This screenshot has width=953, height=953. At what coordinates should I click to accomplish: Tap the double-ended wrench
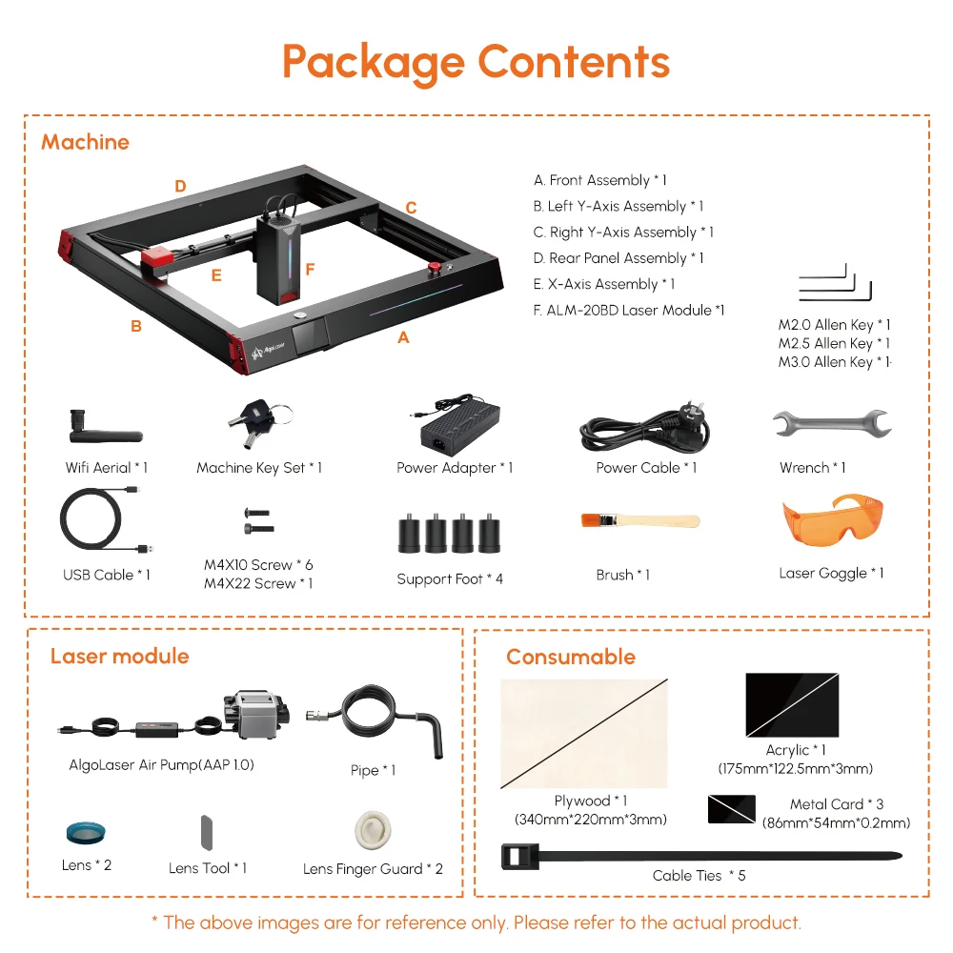click(x=831, y=423)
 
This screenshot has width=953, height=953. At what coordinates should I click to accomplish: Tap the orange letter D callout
click(x=180, y=187)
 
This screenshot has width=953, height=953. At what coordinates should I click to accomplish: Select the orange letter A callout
click(x=403, y=337)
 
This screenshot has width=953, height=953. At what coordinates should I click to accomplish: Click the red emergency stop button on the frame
click(x=436, y=269)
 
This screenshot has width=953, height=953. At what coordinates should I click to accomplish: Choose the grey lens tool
click(x=207, y=831)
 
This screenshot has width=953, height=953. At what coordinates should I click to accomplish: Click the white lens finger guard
click(x=371, y=829)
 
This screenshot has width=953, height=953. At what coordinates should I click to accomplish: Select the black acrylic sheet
click(x=792, y=706)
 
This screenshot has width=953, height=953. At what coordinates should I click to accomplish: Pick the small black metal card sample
click(x=732, y=810)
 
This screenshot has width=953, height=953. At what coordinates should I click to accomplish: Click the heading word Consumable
click(x=570, y=657)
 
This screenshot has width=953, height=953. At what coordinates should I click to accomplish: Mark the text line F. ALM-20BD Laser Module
click(x=629, y=310)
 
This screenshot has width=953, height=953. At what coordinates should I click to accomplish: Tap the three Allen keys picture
click(x=835, y=283)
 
